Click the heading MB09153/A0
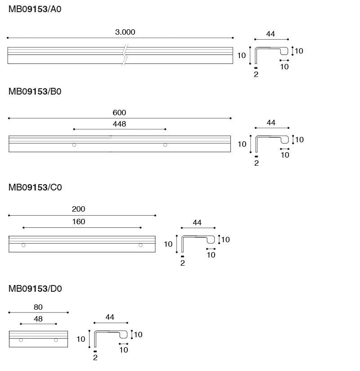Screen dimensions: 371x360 pyautogui.click(x=35, y=9)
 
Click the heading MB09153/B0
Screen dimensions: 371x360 pyautogui.click(x=35, y=91)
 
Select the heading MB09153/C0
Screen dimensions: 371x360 pyautogui.click(x=35, y=187)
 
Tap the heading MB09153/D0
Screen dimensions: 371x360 pyautogui.click(x=35, y=289)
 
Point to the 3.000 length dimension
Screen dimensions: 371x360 pyautogui.click(x=125, y=32)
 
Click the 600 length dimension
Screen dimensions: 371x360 pyautogui.click(x=119, y=113)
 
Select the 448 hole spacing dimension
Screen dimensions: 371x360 pyautogui.click(x=119, y=124)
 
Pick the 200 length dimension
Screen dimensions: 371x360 pyautogui.click(x=78, y=209)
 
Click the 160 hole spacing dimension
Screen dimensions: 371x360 pyautogui.click(x=78, y=222)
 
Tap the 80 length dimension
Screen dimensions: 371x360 pyautogui.click(x=38, y=307)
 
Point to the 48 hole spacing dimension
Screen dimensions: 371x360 pyautogui.click(x=38, y=319)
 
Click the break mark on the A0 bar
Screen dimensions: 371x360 pyautogui.click(x=125, y=55)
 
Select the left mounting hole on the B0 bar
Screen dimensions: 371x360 pyautogui.click(x=74, y=145)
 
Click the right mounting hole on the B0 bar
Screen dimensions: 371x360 pyautogui.click(x=165, y=145)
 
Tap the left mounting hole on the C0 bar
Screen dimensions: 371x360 pyautogui.click(x=23, y=245)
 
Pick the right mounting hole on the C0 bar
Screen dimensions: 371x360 pyautogui.click(x=140, y=245)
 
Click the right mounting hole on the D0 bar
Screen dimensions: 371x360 pyautogui.click(x=56, y=340)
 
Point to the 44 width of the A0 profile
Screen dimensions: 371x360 pyautogui.click(x=270, y=34)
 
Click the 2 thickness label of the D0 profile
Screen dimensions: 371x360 pyautogui.click(x=95, y=358)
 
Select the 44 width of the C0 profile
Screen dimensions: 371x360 pyautogui.click(x=197, y=222)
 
